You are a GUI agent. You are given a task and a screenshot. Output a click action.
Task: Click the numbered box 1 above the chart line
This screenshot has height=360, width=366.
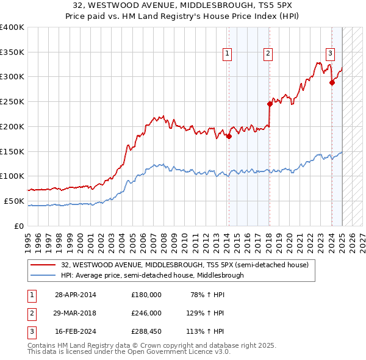[x=227, y=54]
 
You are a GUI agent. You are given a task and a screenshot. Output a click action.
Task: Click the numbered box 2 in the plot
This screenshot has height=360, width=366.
[x=268, y=54]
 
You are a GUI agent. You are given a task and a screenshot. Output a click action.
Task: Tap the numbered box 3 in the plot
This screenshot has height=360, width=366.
[x=330, y=54]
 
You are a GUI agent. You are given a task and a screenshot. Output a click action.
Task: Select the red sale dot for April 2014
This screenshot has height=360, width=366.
[x=229, y=137]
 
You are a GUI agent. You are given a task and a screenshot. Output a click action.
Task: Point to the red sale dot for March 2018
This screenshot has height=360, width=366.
[x=269, y=104]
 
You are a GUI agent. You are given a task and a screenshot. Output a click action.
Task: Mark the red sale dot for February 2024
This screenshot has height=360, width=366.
[x=332, y=83]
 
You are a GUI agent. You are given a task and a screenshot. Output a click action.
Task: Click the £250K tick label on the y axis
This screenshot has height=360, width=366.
[x=12, y=101]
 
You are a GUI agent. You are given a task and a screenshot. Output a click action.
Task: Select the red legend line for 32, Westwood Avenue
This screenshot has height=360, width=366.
[x=44, y=265]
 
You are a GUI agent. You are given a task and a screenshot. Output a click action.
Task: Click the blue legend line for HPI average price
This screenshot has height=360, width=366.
[x=44, y=275]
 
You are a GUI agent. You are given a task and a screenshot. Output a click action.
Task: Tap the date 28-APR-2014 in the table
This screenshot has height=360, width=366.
[x=76, y=295]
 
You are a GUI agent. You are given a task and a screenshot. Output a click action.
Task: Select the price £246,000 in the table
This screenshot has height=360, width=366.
[x=146, y=313]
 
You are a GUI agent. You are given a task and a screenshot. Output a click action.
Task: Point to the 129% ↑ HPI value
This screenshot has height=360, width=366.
[x=207, y=313]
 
